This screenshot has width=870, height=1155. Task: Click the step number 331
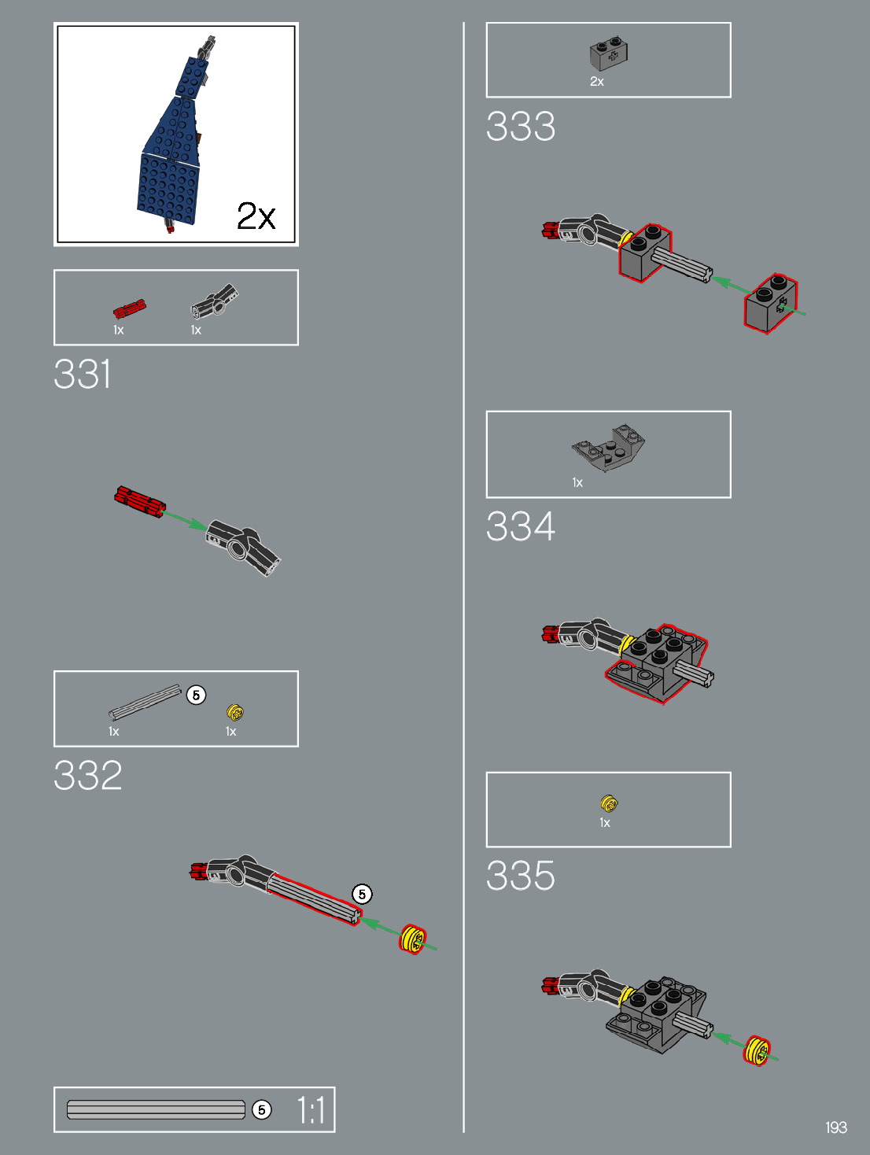[x=83, y=374]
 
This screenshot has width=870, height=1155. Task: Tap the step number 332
[x=87, y=775]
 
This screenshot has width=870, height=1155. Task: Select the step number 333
[x=520, y=126]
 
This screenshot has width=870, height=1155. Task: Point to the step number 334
[x=520, y=526]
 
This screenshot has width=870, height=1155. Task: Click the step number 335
[x=520, y=875]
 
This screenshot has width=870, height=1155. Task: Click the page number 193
[x=835, y=1127]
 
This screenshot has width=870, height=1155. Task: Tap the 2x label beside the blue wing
[x=256, y=216]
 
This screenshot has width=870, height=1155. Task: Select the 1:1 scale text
[x=311, y=1110]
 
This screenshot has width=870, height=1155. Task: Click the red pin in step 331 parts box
[x=129, y=308]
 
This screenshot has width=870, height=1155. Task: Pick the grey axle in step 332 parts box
[x=145, y=703]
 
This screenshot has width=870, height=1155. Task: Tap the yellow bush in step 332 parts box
[x=234, y=712]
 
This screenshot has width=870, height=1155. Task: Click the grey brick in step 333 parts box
[x=608, y=54]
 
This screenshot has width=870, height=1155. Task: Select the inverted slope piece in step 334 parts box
[x=609, y=448]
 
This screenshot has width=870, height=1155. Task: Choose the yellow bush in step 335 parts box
[x=608, y=803]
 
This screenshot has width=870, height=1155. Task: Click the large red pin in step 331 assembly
[x=138, y=501]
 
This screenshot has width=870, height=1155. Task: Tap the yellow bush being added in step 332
[x=413, y=939]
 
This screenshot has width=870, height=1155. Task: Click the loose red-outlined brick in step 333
[x=770, y=303]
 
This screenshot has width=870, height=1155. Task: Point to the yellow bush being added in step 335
[x=757, y=1050]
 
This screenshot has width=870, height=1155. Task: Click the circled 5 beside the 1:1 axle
[x=262, y=1109]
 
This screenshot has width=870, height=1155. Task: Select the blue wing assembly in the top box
[x=173, y=149]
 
